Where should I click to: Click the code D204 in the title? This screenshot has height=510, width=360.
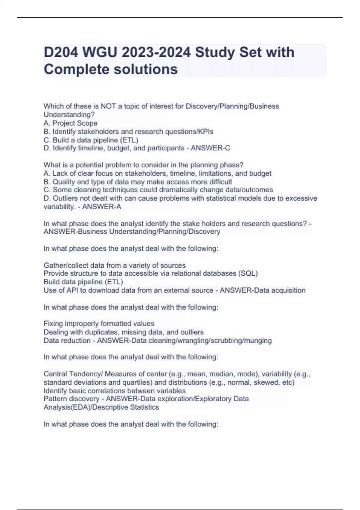click(x=61, y=52)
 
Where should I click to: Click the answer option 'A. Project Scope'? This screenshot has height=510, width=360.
click(x=70, y=123)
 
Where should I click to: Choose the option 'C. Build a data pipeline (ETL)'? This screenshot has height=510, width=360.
click(x=91, y=140)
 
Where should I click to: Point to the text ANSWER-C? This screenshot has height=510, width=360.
click(x=210, y=148)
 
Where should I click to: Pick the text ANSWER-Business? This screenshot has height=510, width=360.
click(x=75, y=232)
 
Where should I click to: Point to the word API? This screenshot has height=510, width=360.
click(x=72, y=290)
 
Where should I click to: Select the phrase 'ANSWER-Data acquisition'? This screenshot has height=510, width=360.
click(x=262, y=290)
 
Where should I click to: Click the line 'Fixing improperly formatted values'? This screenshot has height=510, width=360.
click(x=99, y=324)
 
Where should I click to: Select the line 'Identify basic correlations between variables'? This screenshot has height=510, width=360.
click(x=115, y=391)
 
